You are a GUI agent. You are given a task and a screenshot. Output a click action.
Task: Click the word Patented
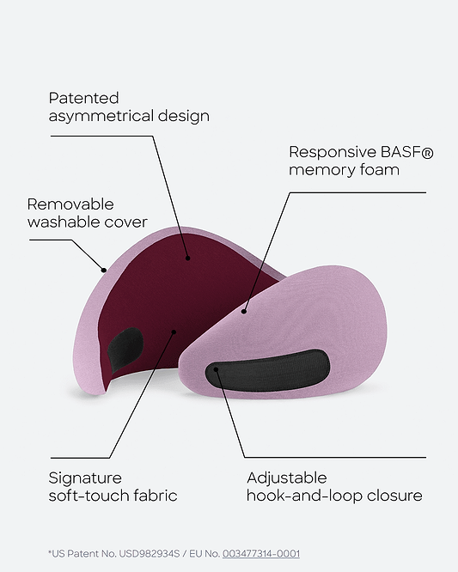point(83,98)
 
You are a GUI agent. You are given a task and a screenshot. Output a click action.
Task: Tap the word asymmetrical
point(101,116)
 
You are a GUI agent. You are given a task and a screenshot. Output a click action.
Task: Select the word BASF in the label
point(400,152)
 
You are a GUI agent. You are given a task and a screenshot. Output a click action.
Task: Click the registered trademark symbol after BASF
point(427,153)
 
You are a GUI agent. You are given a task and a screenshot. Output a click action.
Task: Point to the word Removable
point(70,204)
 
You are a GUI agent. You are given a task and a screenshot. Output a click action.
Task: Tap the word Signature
point(85,478)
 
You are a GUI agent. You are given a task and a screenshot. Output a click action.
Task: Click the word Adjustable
point(287,478)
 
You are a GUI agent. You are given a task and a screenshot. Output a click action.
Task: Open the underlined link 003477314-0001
point(261,554)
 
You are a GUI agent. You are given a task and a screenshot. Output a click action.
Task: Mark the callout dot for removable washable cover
point(104,271)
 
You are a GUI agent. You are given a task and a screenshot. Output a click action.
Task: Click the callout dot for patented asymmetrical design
point(188,259)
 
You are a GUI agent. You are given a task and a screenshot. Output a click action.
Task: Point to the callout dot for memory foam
point(244,311)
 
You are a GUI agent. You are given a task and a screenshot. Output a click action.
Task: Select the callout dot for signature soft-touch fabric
point(174,332)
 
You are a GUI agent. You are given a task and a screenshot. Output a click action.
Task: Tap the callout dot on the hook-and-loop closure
point(216,369)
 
